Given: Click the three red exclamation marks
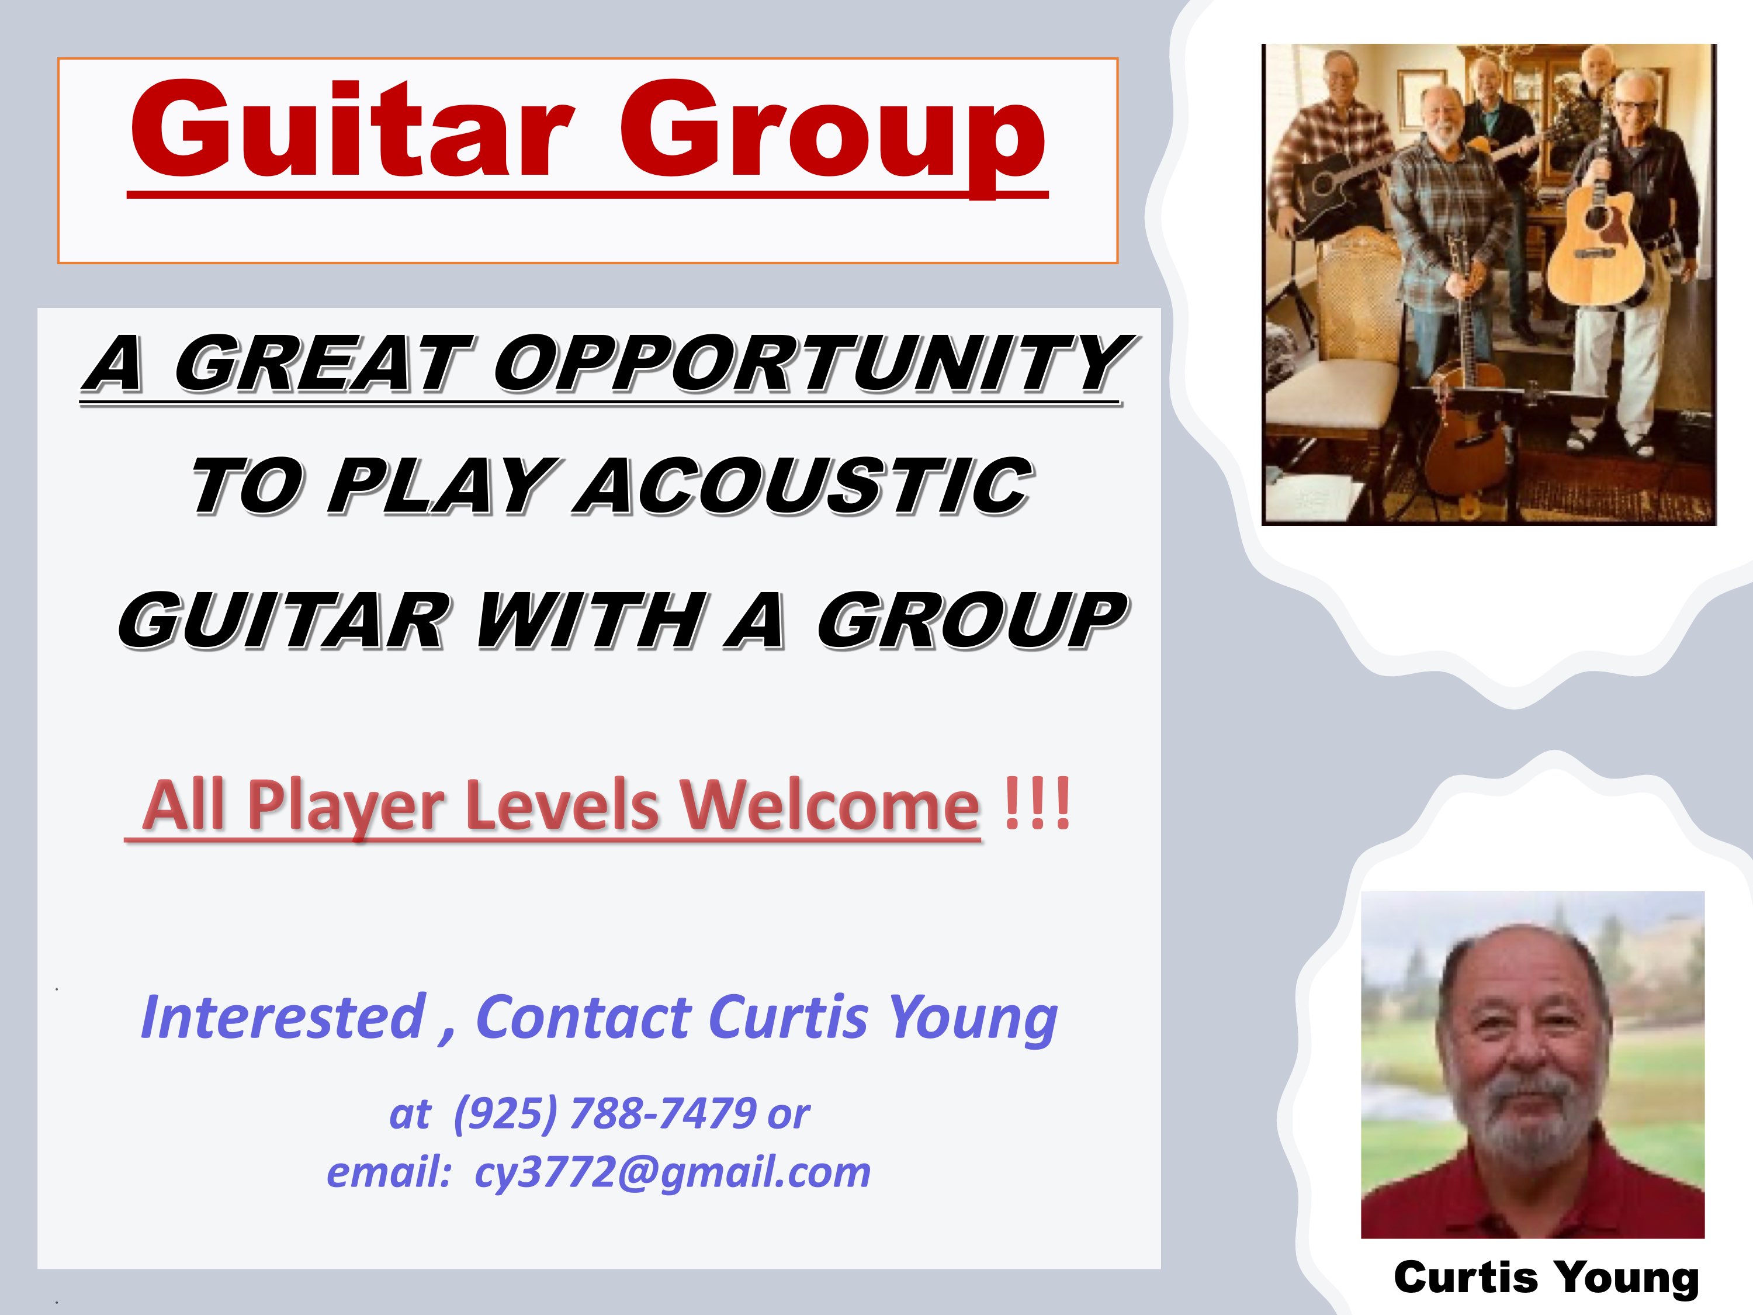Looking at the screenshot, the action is pos(1037,803).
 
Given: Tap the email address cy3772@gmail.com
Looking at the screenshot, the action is pos(672,1173).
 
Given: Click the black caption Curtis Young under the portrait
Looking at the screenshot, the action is pos(1546,1278).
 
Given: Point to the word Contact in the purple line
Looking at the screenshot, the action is pos(583,1017).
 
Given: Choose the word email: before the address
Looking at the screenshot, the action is pos(389,1172).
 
